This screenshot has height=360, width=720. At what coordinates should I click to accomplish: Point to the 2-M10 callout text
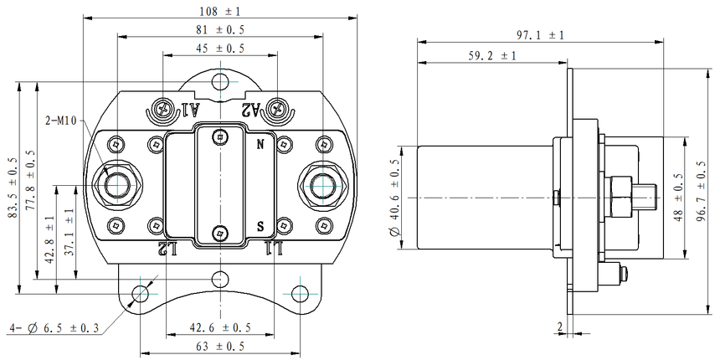[x=61, y=121]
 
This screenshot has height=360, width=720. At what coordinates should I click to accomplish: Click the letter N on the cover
[x=260, y=144]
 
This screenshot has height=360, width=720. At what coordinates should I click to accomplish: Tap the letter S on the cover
[x=261, y=226]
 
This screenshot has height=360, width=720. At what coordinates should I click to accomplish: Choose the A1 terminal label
[x=190, y=110]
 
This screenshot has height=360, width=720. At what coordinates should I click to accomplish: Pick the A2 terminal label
[x=249, y=110]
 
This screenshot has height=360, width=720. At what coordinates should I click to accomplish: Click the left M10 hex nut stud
[x=116, y=183]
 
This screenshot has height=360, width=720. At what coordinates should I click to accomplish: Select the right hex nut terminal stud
[x=323, y=183]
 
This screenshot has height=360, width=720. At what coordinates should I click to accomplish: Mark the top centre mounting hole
[x=219, y=82]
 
